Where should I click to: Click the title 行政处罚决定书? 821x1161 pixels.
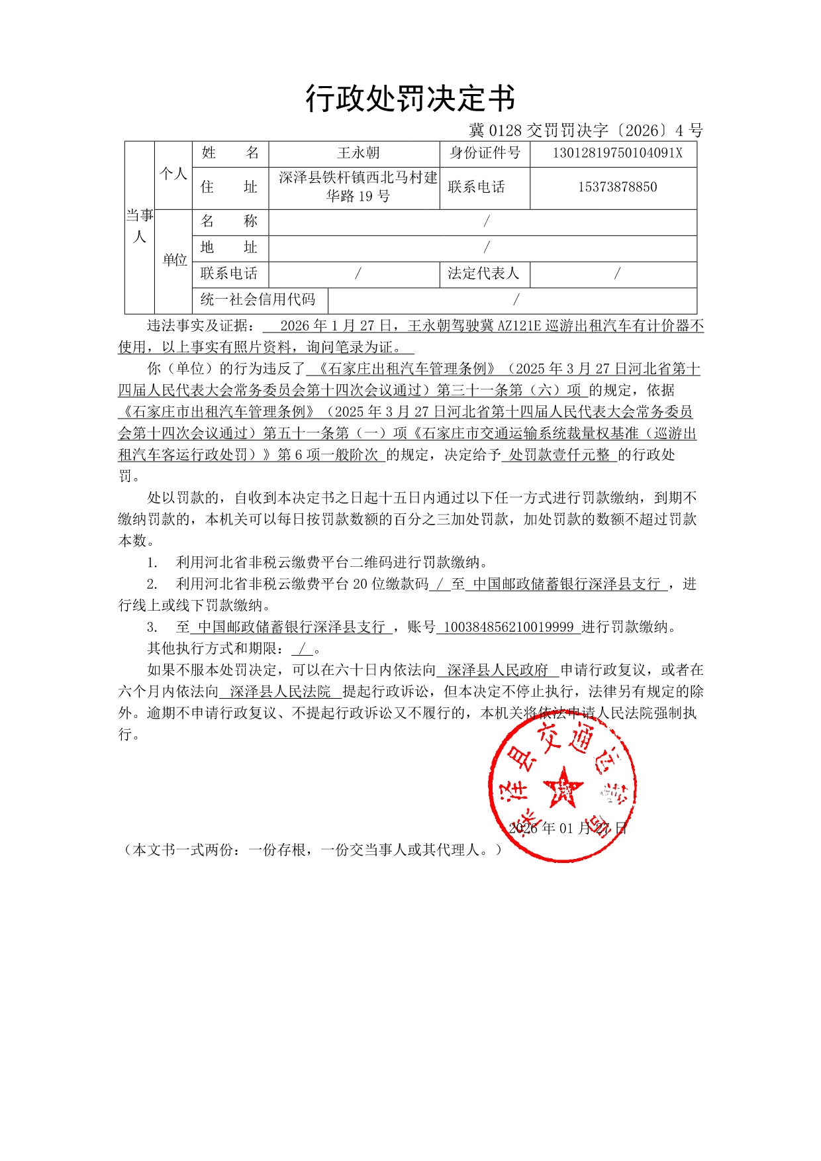[410, 99]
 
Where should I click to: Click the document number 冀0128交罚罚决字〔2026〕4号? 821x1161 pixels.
[586, 130]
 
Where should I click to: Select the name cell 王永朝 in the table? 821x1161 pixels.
[358, 153]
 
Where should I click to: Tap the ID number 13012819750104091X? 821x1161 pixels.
[617, 153]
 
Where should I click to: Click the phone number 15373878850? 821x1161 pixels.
[617, 187]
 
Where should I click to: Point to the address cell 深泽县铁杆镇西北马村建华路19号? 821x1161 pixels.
[358, 187]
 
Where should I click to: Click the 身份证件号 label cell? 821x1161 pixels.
[485, 153]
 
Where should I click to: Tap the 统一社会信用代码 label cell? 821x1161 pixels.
[258, 299]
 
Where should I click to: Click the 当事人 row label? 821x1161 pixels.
[140, 226]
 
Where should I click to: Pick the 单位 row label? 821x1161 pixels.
[175, 260]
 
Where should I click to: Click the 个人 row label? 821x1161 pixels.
[173, 174]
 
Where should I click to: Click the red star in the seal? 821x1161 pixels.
[563, 787]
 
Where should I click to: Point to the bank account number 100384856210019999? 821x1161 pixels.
[508, 627]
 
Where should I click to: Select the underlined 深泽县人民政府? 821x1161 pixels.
[497, 670]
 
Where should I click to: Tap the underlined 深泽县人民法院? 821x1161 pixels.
[280, 692]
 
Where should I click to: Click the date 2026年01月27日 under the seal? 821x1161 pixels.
[567, 829]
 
